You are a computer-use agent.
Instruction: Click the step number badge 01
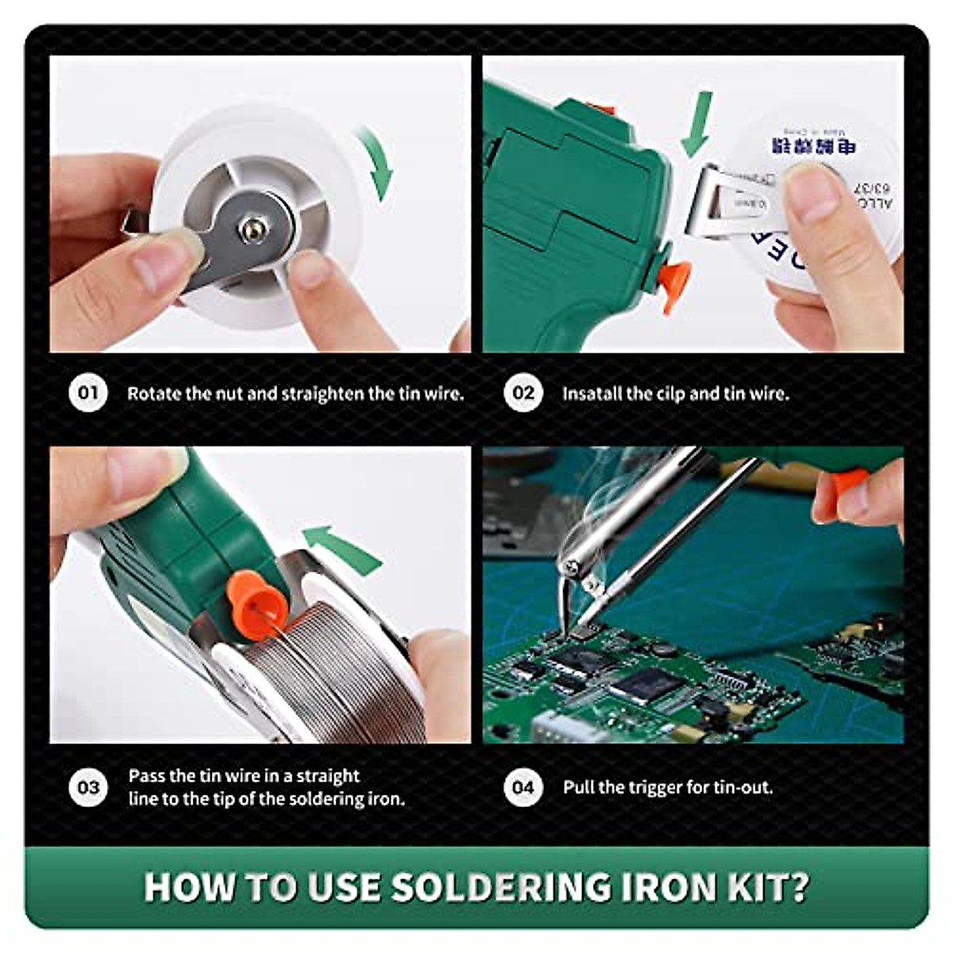click(x=88, y=392)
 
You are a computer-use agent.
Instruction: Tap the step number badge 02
click(x=523, y=392)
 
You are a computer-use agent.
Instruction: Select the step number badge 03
click(x=88, y=787)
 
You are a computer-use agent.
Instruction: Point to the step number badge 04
click(x=523, y=787)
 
